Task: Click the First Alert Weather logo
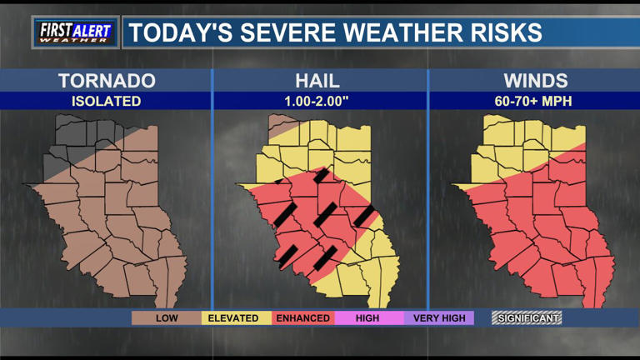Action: [75, 32]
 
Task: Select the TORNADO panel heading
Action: [107, 81]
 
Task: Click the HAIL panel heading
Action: [320, 81]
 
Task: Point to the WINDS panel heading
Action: [535, 81]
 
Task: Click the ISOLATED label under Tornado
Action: [107, 101]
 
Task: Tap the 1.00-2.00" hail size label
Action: [320, 101]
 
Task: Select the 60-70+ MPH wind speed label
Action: [535, 101]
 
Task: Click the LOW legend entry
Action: [167, 317]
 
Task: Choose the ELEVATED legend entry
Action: [233, 317]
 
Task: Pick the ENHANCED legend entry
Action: [302, 317]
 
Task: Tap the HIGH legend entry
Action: [367, 317]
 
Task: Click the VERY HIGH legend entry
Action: [438, 317]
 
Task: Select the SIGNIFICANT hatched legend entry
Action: [527, 317]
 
